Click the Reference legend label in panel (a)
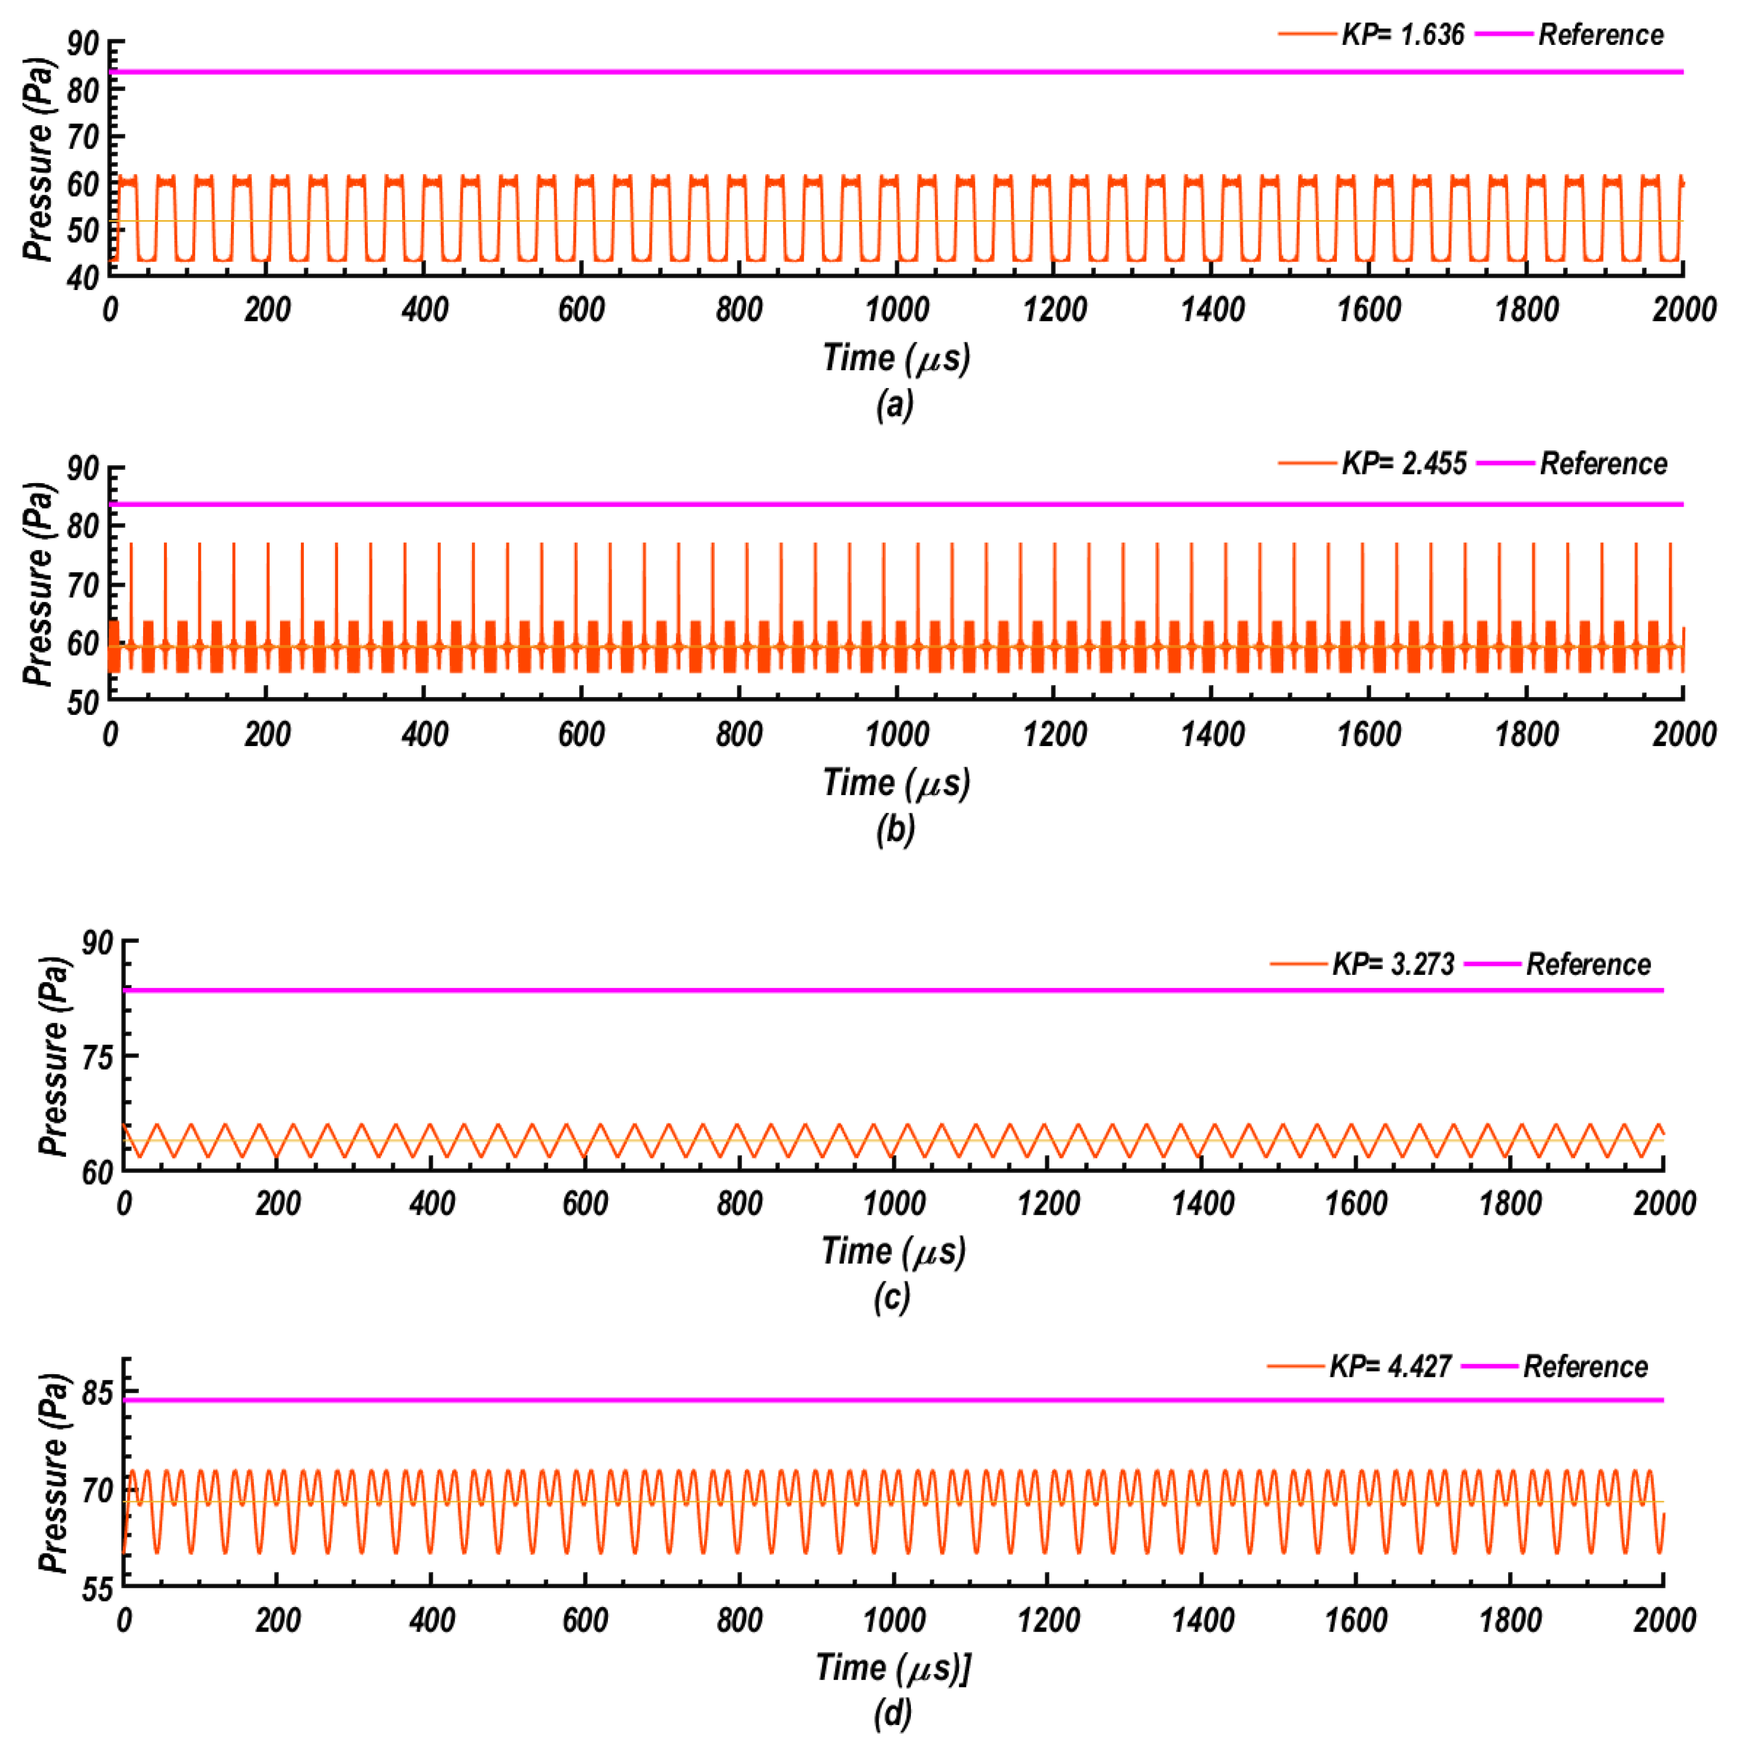tap(1601, 35)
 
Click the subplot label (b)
tap(895, 830)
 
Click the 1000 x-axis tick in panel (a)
tap(897, 310)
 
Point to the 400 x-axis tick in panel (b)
tap(424, 734)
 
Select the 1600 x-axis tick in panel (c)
tap(1356, 1204)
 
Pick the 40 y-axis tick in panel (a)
tap(83, 277)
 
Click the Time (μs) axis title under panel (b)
tap(896, 783)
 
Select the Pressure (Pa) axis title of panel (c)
tap(54, 1056)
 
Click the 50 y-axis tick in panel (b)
tap(83, 702)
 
